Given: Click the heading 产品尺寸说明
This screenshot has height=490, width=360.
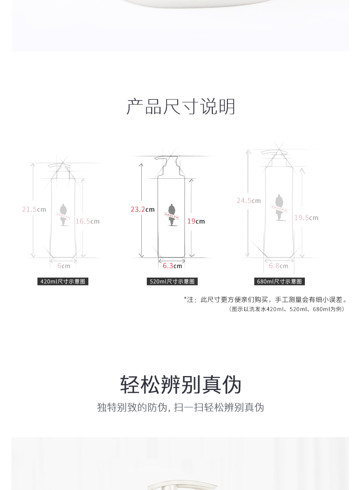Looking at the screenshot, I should coord(180,107).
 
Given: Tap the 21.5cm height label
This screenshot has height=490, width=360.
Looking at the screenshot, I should coord(34,210).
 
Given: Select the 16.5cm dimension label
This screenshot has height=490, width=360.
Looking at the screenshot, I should coord(87,221).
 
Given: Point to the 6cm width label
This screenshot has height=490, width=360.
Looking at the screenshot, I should coord(64,266).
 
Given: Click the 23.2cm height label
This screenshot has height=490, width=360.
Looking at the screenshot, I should coord(142,210).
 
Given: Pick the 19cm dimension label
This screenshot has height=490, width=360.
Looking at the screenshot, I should coord(196,221).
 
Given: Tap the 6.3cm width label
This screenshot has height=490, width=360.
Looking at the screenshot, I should coord(172,266).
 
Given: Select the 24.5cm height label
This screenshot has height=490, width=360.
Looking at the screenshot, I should coord(248,201).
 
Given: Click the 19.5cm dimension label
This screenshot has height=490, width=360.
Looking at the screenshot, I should coord(306,218).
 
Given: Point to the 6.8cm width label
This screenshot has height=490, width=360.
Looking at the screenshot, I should coord(278,266).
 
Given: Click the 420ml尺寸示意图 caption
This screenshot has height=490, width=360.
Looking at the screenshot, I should coord(63,282).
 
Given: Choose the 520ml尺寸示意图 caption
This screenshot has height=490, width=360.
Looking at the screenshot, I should coord(172,282).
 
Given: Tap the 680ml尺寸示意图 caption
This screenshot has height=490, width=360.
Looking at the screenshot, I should coord(279,282).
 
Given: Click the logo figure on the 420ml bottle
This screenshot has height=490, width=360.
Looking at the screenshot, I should coord(63,214).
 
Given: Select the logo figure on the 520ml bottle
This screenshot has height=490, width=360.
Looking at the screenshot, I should coord(172,214).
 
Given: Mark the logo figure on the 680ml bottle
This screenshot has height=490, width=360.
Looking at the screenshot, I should coord(279,207).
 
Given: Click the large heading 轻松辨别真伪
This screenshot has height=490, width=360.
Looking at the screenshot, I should coord(180,385).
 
